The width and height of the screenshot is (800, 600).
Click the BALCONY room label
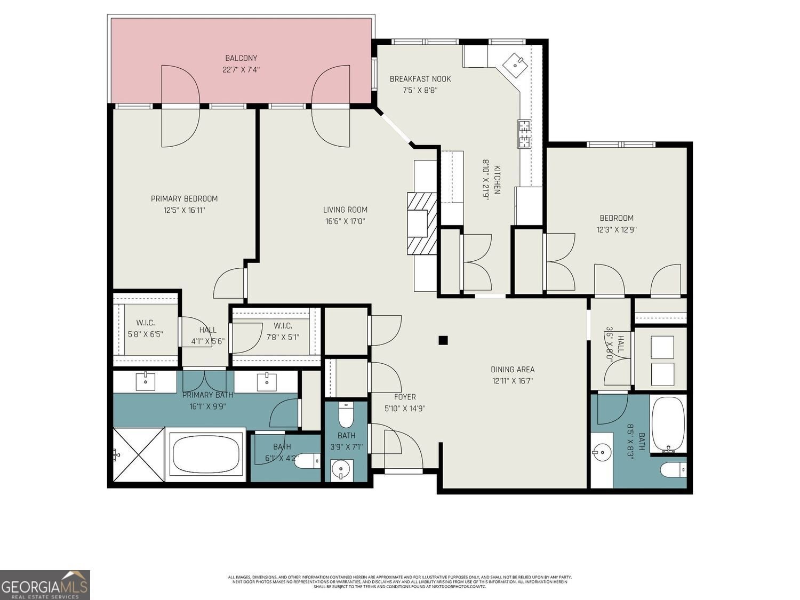coord(241,58)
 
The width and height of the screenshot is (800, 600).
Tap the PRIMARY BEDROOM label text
coord(184,199)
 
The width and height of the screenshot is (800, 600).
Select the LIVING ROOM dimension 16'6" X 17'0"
coord(345,221)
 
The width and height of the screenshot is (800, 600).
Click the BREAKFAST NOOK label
coord(420,79)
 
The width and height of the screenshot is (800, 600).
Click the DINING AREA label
coord(513,370)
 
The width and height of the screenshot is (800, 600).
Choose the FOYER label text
coord(404,397)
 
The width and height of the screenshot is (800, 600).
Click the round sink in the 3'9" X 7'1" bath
coord(340,469)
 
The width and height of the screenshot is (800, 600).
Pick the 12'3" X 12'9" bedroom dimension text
coord(617,230)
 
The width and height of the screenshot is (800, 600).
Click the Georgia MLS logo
coord(45,585)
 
